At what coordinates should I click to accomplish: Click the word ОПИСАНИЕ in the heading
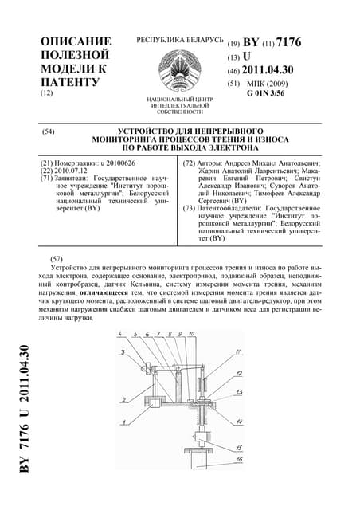(x=76, y=41)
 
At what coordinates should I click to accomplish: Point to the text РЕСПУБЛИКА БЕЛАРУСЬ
(x=179, y=39)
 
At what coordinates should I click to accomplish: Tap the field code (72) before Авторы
(x=190, y=163)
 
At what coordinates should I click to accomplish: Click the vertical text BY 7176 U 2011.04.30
(x=25, y=411)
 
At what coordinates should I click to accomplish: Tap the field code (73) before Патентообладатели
(x=190, y=208)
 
